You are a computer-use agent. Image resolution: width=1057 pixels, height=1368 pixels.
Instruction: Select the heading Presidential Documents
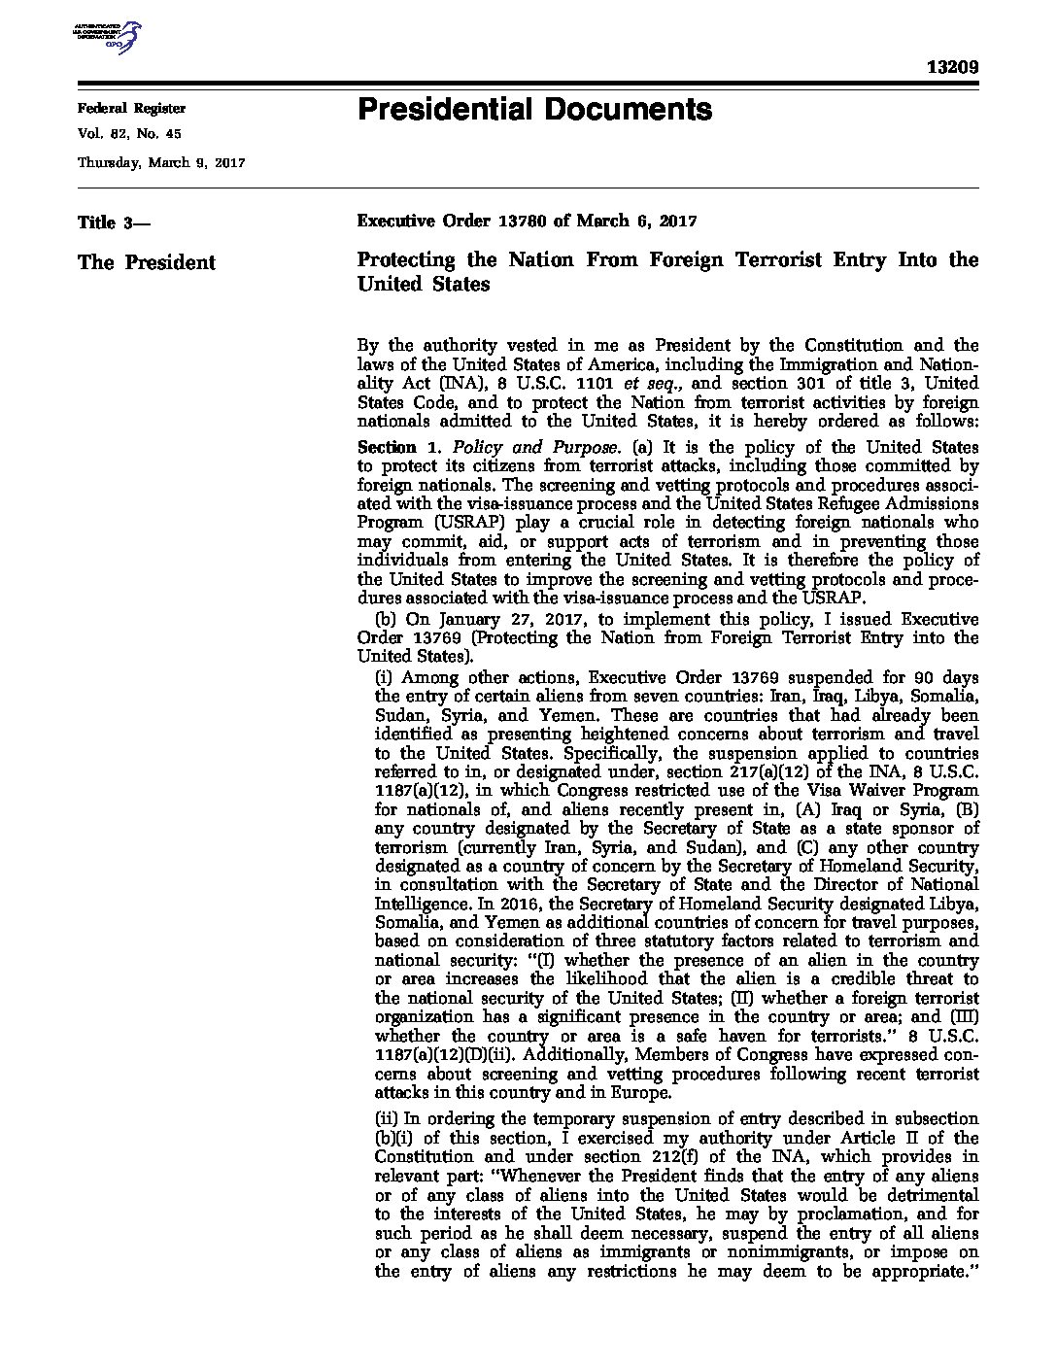click(x=534, y=109)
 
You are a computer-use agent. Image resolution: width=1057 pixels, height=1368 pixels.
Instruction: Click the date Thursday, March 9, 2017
click(x=160, y=162)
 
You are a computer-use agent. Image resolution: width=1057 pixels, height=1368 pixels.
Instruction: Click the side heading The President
click(x=146, y=262)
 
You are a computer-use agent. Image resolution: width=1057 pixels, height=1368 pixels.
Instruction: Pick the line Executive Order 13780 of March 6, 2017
click(x=528, y=222)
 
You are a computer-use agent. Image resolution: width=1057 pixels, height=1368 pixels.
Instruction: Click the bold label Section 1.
click(x=387, y=448)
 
